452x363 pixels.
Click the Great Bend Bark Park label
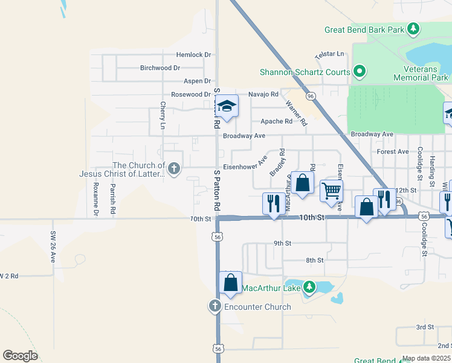(x=364, y=29)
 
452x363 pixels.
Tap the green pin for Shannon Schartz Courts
(x=360, y=72)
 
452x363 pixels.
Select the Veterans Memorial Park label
(x=421, y=74)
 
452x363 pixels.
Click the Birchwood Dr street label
(x=160, y=68)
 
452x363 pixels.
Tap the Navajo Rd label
(x=263, y=94)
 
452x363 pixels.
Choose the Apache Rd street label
(x=276, y=121)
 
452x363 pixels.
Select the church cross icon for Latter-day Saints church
(x=174, y=169)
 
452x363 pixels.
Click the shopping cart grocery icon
(x=331, y=191)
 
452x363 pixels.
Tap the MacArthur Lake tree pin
(x=309, y=287)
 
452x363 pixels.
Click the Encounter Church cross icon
(x=215, y=307)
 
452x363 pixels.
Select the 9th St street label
(x=282, y=243)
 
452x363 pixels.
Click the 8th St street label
(x=315, y=260)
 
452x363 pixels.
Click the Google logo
(x=20, y=356)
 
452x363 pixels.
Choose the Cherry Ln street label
(x=163, y=116)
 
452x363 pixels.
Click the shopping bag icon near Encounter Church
(x=230, y=283)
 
